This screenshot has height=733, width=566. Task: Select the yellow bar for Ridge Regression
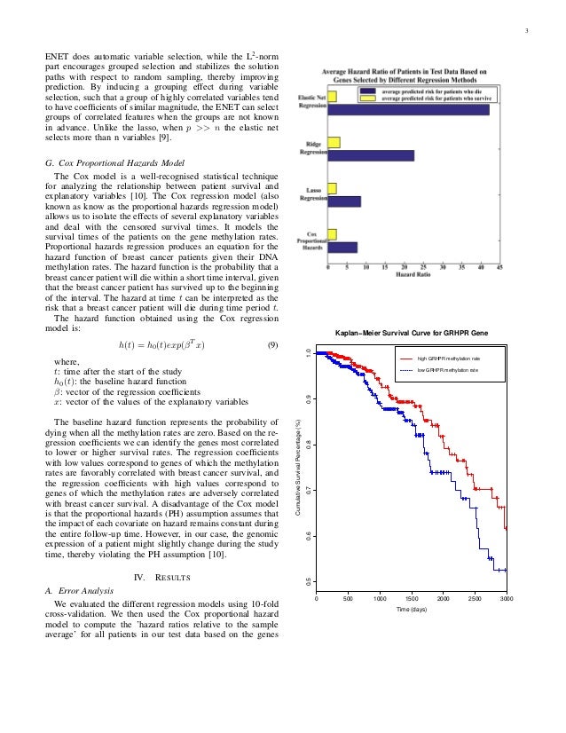point(334,143)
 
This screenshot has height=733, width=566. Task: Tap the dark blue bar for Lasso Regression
point(344,201)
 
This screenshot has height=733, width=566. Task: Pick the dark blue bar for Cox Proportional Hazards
point(342,248)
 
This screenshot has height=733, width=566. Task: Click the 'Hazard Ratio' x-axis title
point(413,274)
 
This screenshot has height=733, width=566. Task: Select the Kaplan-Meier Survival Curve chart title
point(411,333)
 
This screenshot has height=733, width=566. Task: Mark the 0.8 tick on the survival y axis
point(308,444)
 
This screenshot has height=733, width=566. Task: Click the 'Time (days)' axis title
point(411,611)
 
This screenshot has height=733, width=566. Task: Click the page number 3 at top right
point(527,35)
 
